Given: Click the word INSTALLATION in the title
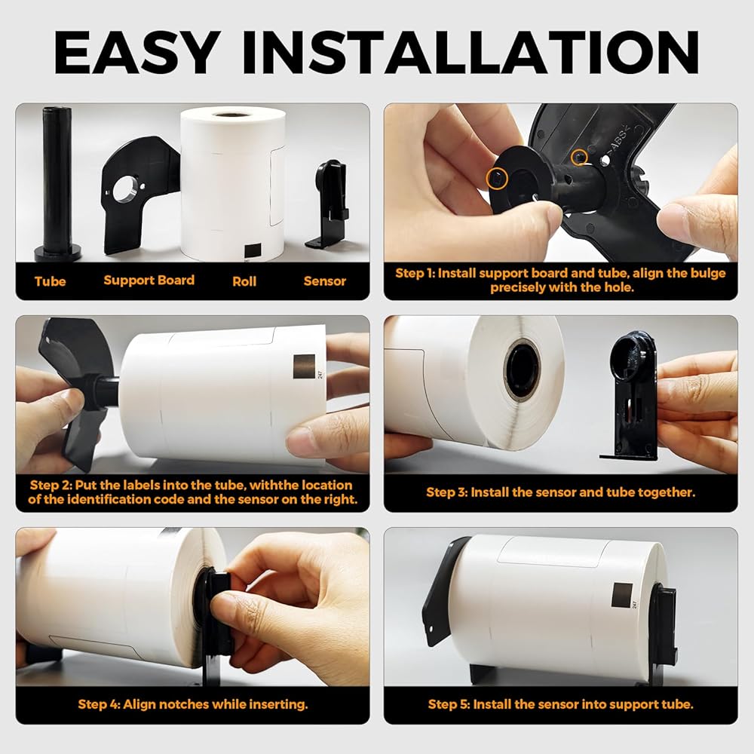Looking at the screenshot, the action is (x=470, y=53).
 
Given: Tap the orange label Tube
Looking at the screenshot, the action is (x=50, y=281).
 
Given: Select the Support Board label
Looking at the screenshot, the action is (x=149, y=280).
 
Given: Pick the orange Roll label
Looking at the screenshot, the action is (x=244, y=281).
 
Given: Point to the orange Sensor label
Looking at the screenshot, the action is (x=324, y=281).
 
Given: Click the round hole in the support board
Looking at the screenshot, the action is (x=125, y=189).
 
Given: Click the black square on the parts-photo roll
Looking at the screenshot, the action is (x=253, y=250).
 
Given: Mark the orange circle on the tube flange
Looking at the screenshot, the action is (x=496, y=179).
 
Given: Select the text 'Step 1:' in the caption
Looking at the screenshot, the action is (x=415, y=273).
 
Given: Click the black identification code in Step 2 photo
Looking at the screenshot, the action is (x=304, y=366).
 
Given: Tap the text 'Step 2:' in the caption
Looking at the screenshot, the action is (x=51, y=485).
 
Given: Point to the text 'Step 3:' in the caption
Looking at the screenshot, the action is (x=446, y=492).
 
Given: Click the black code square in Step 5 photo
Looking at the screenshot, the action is (x=622, y=596).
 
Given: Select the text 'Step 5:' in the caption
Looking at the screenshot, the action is (x=449, y=704).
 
